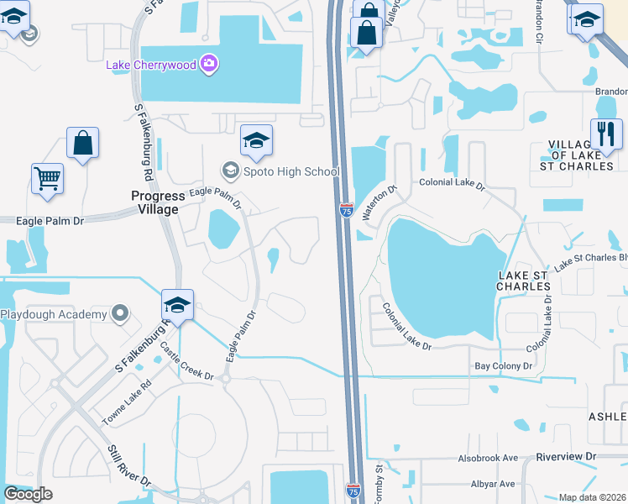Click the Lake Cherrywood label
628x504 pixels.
151,65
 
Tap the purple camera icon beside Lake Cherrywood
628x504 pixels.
210,63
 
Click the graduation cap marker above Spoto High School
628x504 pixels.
256,139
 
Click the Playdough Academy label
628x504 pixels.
54,315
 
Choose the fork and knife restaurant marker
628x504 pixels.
605,133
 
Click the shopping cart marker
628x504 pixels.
47,178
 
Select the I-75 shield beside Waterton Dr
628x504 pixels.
346,210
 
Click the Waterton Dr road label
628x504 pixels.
378,203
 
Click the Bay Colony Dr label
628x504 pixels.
504,366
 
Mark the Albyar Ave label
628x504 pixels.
493,484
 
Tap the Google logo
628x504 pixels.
29,494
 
